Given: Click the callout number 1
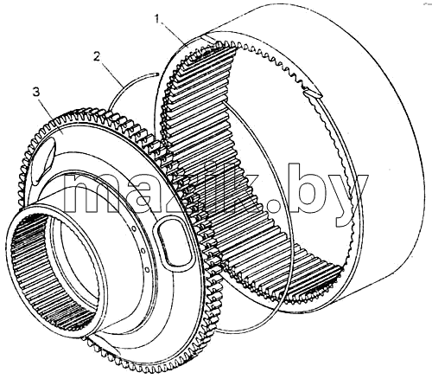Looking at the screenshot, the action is [157, 19].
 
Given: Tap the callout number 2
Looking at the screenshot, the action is [97, 56].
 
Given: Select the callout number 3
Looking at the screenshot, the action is [36, 93].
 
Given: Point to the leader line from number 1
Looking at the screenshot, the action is [174, 34].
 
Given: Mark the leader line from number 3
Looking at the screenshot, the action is [51, 112].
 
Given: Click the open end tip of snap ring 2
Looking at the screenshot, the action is [156, 74].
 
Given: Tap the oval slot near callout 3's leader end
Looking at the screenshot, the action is [42, 162].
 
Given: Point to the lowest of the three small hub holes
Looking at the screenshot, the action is [147, 270].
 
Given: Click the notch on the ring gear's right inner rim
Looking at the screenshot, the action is [313, 93].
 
